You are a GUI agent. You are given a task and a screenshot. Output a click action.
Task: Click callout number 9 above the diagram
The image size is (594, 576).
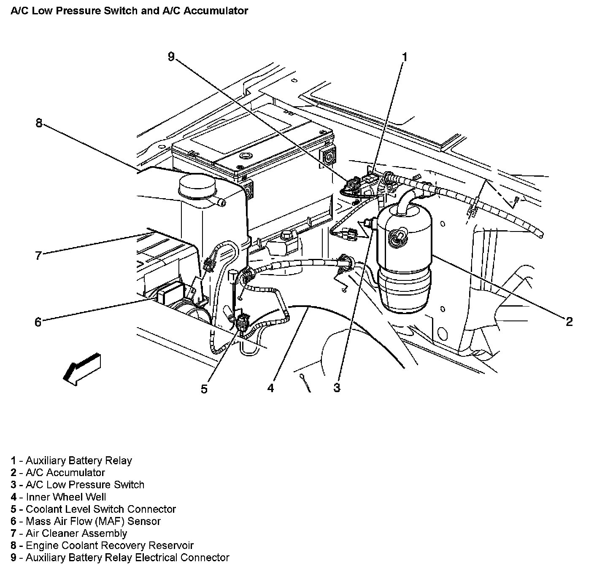[x=171, y=57]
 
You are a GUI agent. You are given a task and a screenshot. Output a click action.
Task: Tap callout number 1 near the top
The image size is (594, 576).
[x=404, y=57]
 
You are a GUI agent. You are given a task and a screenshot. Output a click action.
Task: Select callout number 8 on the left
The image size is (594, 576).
[x=39, y=124]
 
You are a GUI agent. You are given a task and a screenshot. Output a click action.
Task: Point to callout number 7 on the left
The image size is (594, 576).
[x=38, y=256]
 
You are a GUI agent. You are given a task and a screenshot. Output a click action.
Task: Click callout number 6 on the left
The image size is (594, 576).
[x=38, y=323]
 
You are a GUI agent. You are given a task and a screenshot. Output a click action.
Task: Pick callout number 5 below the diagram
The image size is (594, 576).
[x=204, y=389]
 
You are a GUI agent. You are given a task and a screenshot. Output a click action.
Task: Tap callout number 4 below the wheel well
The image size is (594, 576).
[x=270, y=388]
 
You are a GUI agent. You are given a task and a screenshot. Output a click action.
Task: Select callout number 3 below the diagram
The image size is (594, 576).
[x=337, y=388]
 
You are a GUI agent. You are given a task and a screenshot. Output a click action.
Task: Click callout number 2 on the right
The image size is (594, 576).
[x=569, y=322]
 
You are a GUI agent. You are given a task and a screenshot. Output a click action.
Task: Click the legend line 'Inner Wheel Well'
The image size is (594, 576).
[x=66, y=497]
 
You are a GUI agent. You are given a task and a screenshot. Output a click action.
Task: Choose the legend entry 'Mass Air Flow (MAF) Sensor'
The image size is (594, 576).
[x=93, y=521]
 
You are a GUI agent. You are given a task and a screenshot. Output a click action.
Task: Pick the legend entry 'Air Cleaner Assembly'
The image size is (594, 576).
[x=76, y=533]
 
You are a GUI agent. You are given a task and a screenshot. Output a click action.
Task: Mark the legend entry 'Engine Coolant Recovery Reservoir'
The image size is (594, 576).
[x=109, y=546]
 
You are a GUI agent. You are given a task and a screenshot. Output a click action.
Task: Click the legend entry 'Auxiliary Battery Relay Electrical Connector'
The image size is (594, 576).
[x=127, y=558]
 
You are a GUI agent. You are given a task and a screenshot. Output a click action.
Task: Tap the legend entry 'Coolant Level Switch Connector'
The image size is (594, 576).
[x=100, y=509]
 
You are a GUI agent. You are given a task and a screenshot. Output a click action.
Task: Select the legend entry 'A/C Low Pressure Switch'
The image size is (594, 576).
[x=85, y=485]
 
